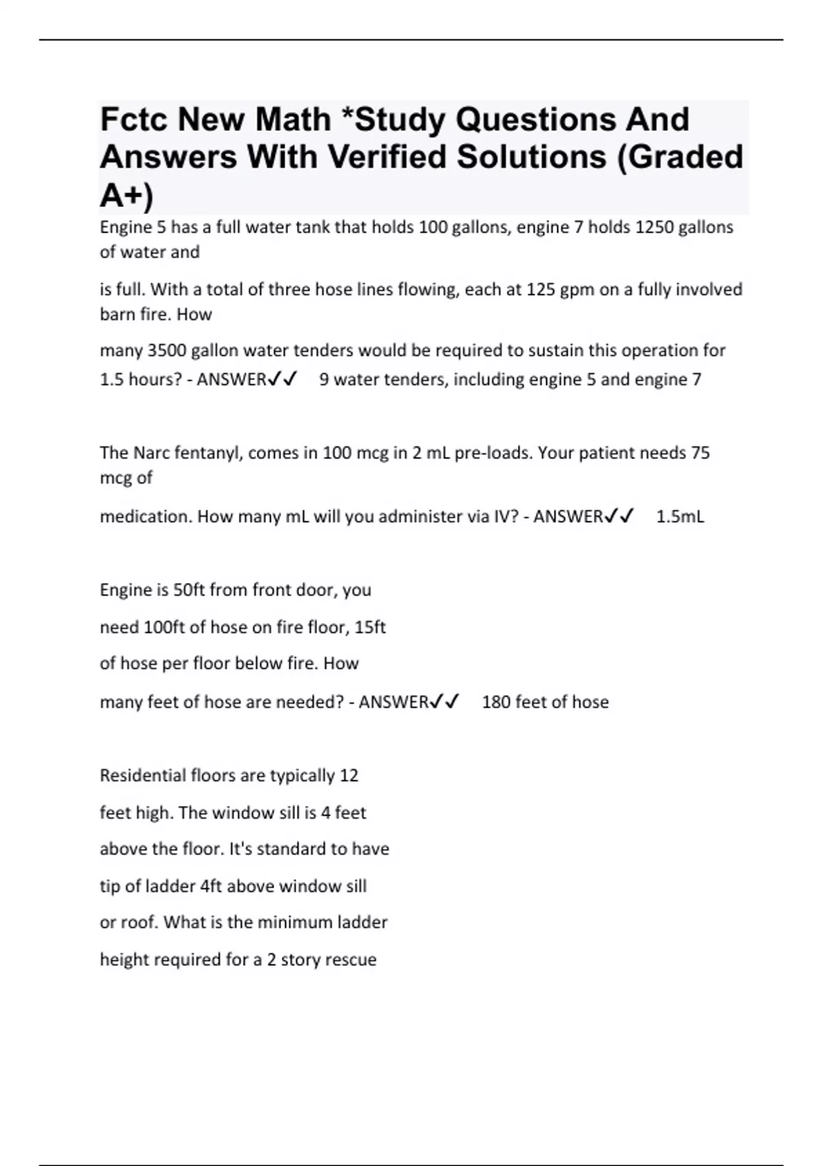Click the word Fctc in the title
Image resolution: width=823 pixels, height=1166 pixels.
(133, 120)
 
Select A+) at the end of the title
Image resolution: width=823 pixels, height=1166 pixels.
(127, 195)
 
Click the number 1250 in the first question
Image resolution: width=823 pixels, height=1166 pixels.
(654, 227)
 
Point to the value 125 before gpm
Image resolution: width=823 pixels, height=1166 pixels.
(540, 289)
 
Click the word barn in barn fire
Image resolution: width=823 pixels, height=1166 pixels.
(117, 314)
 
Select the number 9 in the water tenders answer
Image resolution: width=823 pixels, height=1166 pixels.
(324, 379)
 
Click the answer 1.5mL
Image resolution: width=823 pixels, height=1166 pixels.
(680, 516)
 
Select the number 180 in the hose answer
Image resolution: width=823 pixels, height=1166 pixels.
(495, 702)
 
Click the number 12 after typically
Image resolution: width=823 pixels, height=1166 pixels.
(349, 776)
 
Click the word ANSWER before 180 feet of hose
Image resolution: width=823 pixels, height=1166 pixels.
(394, 702)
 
